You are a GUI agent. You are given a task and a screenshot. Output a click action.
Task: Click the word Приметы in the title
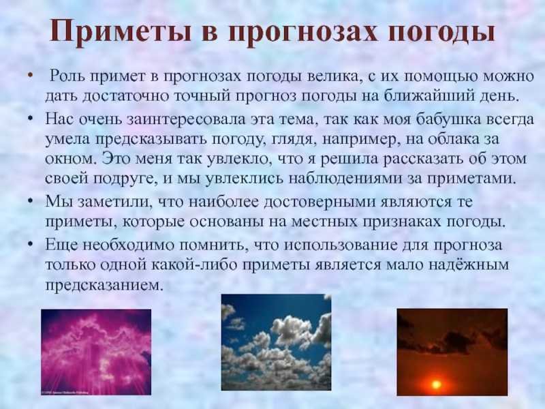click(121, 31)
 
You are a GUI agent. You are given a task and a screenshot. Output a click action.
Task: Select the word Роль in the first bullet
click(66, 76)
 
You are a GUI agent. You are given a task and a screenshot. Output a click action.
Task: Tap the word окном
click(70, 160)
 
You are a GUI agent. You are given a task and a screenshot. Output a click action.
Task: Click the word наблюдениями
click(354, 179)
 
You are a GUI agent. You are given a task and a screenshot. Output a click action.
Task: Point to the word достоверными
click(320, 202)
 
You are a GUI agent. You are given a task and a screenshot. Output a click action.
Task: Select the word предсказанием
click(104, 284)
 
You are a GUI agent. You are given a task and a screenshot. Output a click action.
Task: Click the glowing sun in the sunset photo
click(435, 384)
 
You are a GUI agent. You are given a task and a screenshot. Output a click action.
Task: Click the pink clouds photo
click(96, 352)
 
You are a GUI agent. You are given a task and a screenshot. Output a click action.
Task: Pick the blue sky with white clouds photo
click(276, 342)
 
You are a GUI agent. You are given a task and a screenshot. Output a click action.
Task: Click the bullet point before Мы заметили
click(31, 201)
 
